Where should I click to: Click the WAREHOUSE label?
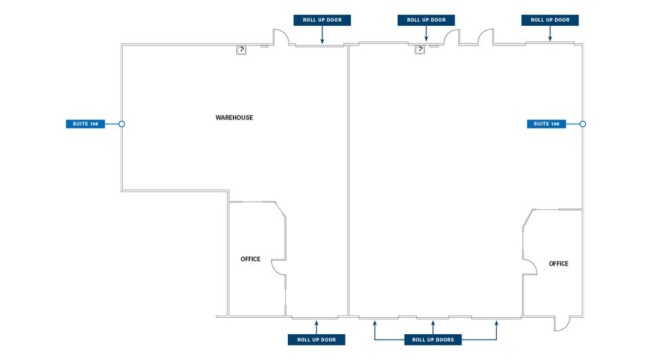click(x=234, y=118)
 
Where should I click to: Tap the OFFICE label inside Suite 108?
click(x=250, y=259)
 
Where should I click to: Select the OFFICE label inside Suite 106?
click(x=558, y=264)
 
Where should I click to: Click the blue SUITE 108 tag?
click(x=86, y=124)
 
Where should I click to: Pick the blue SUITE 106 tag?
click(x=546, y=124)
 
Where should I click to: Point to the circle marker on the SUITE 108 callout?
click(x=122, y=124)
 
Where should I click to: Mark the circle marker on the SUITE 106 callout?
click(x=582, y=124)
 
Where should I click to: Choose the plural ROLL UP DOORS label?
click(x=432, y=340)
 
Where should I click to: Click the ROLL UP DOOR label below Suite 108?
click(x=316, y=340)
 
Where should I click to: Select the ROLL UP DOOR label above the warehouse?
click(x=322, y=20)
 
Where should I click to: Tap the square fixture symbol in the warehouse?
click(x=241, y=50)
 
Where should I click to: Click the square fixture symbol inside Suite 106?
click(x=420, y=49)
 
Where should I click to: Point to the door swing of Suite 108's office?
click(x=278, y=268)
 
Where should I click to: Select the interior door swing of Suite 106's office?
click(x=527, y=266)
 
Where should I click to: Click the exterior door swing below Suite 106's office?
click(x=561, y=325)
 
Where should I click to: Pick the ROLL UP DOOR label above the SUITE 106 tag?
click(x=550, y=20)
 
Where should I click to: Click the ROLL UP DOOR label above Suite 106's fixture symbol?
click(x=426, y=20)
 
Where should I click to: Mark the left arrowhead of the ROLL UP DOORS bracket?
click(x=375, y=323)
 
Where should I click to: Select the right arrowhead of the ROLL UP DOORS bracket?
click(x=496, y=323)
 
